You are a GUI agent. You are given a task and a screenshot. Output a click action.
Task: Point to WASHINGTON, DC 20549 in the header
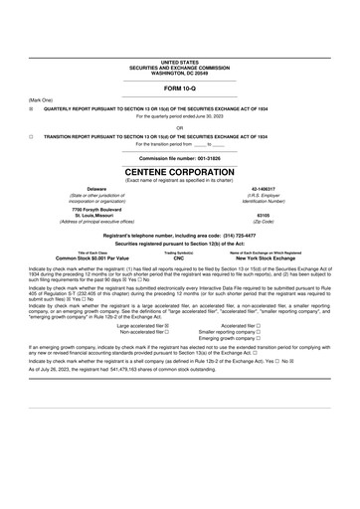[x=179, y=74]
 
